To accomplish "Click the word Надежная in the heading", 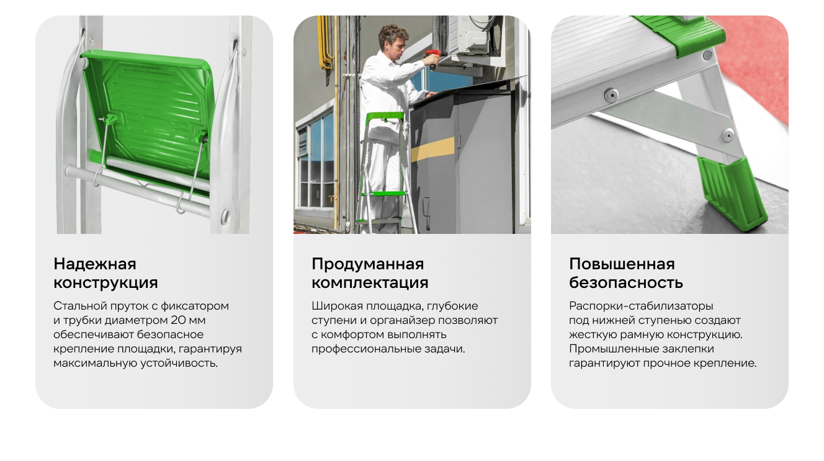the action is (94, 264).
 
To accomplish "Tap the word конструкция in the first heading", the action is (105, 283).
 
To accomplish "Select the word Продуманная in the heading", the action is (367, 264).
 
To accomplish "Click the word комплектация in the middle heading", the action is (370, 283).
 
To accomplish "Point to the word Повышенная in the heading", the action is (622, 264).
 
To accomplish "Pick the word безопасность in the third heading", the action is (625, 282).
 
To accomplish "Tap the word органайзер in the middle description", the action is (403, 320).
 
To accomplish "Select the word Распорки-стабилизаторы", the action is (641, 306).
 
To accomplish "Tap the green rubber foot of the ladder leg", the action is (732, 193).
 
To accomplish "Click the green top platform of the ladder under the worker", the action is (385, 116).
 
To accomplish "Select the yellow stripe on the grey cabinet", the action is (433, 148).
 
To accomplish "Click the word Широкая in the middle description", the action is (336, 306).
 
